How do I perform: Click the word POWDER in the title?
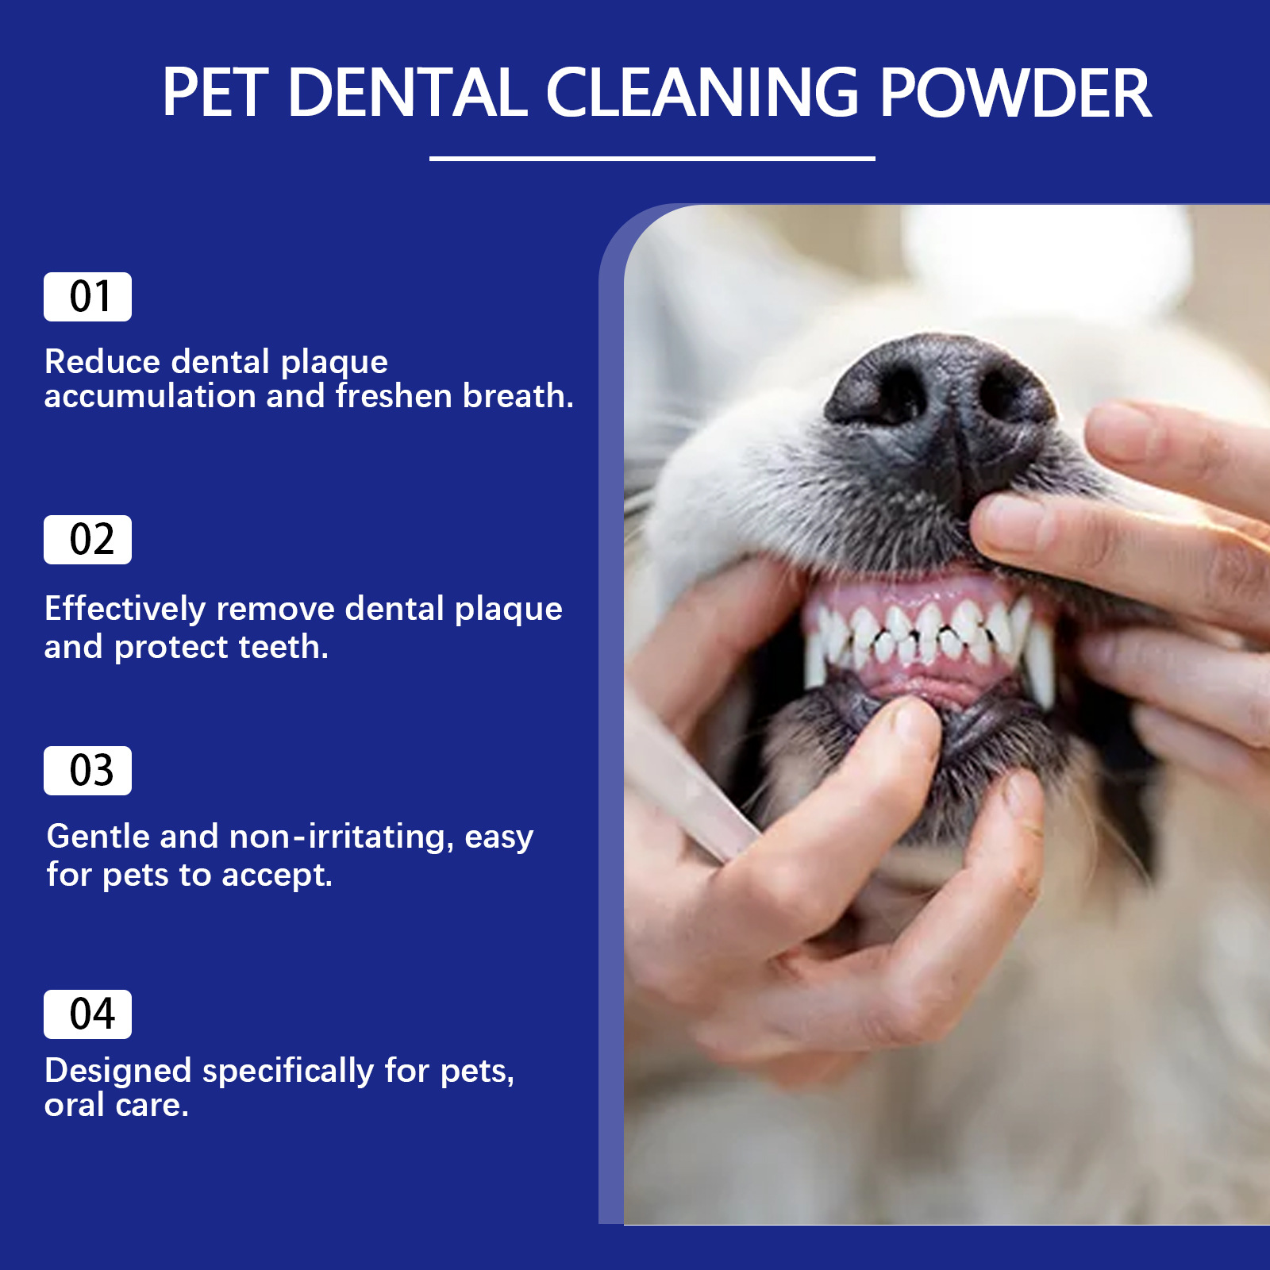tap(1015, 93)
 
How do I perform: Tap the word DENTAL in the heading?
tap(407, 93)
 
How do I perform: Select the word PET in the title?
tap(214, 93)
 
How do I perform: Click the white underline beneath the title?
tap(652, 159)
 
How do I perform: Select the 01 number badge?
tap(87, 297)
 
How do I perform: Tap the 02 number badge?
tap(87, 540)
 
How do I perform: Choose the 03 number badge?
tap(87, 771)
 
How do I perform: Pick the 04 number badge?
tap(87, 1014)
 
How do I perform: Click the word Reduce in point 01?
tap(103, 362)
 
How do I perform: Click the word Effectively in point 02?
tap(125, 610)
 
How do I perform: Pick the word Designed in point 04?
tap(118, 1072)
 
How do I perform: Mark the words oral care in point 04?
tap(116, 1105)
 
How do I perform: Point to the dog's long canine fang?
tap(1040, 663)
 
